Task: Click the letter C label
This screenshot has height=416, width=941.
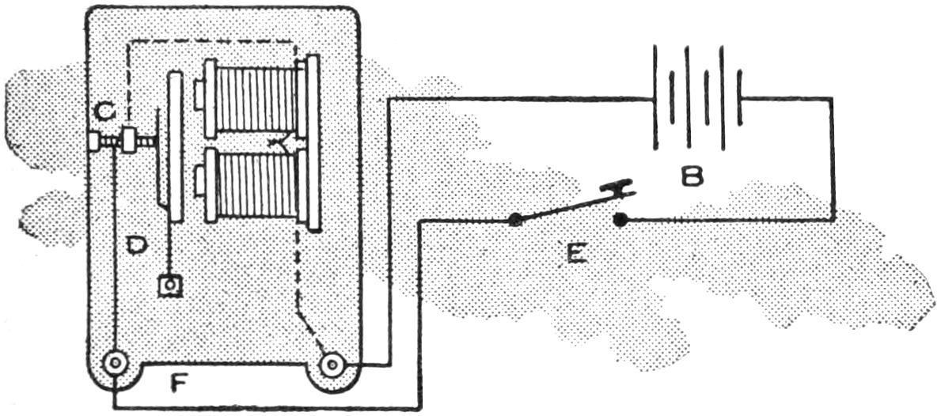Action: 104,113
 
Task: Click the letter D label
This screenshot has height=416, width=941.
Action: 137,246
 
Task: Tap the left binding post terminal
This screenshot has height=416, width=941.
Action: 116,365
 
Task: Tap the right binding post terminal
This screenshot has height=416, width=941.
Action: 332,365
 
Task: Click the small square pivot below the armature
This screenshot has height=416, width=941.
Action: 168,285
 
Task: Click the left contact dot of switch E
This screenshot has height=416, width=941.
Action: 516,219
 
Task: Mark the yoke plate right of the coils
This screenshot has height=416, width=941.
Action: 313,142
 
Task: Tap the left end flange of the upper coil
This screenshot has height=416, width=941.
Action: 211,97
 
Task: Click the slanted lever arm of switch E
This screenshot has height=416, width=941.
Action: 566,206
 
